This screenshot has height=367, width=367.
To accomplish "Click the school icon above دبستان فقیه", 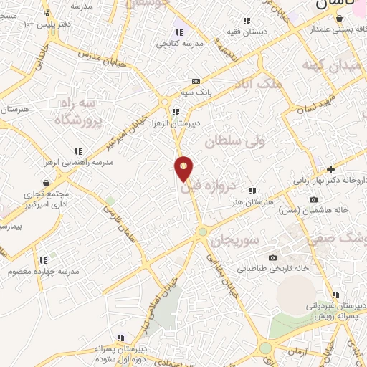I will [247, 21].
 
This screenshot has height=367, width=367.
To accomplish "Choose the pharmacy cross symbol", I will [330, 169].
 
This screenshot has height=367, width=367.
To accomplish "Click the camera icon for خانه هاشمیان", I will [313, 199].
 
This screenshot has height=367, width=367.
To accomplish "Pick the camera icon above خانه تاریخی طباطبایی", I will [272, 258].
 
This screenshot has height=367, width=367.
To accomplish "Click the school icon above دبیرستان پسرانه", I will [123, 338].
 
